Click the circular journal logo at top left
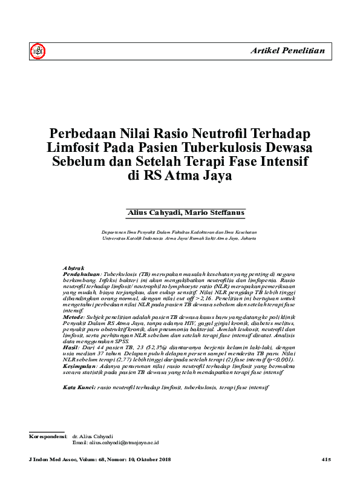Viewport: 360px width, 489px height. coord(38,53)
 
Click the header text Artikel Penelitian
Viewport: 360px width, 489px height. coord(287,51)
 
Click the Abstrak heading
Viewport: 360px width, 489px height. coord(73,268)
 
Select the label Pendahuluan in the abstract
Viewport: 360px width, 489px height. coord(81,274)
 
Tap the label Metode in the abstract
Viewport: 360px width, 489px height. coord(73,316)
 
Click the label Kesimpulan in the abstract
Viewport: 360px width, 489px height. coord(80,365)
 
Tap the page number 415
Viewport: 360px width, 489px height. coord(326,461)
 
